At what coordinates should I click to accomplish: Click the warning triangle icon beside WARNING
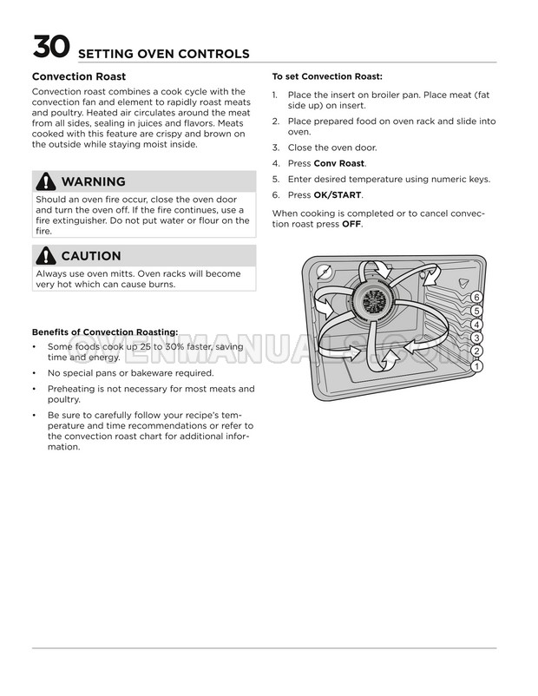tap(44, 181)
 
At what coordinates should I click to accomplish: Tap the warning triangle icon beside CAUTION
tap(44, 256)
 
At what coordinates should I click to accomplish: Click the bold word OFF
tap(351, 224)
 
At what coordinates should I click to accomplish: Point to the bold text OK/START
tap(338, 194)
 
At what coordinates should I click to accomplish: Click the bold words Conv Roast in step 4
tap(339, 163)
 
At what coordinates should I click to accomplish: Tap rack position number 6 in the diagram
tap(476, 298)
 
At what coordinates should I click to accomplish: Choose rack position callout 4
tap(476, 325)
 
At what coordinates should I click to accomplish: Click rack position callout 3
tap(476, 338)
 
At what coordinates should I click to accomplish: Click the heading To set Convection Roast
tap(327, 76)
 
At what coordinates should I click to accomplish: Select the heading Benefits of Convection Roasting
tap(105, 332)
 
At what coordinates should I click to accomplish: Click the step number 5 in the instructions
tap(275, 179)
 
